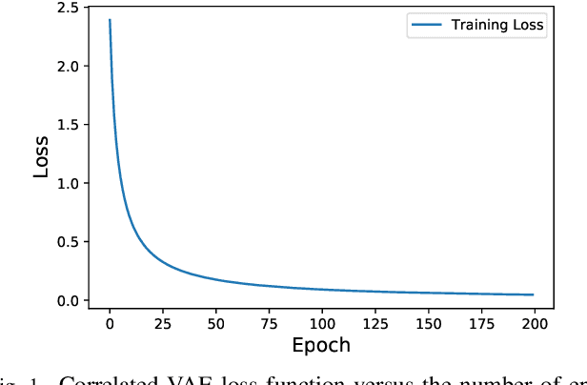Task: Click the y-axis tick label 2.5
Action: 67,8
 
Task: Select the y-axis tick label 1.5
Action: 67,125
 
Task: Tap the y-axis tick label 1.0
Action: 67,183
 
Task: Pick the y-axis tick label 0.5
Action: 67,242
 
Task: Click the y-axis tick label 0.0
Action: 67,301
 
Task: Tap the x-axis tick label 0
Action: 110,322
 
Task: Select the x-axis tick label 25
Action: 163,322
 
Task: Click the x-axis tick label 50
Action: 215,322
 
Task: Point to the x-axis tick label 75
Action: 269,322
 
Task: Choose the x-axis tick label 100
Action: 322,322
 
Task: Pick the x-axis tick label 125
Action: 374,322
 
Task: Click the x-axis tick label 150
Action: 428,322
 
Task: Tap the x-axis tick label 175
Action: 481,322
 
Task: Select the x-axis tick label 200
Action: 534,322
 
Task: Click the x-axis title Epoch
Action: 321,345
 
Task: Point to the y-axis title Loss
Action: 41,155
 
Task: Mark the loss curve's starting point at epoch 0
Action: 110,20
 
